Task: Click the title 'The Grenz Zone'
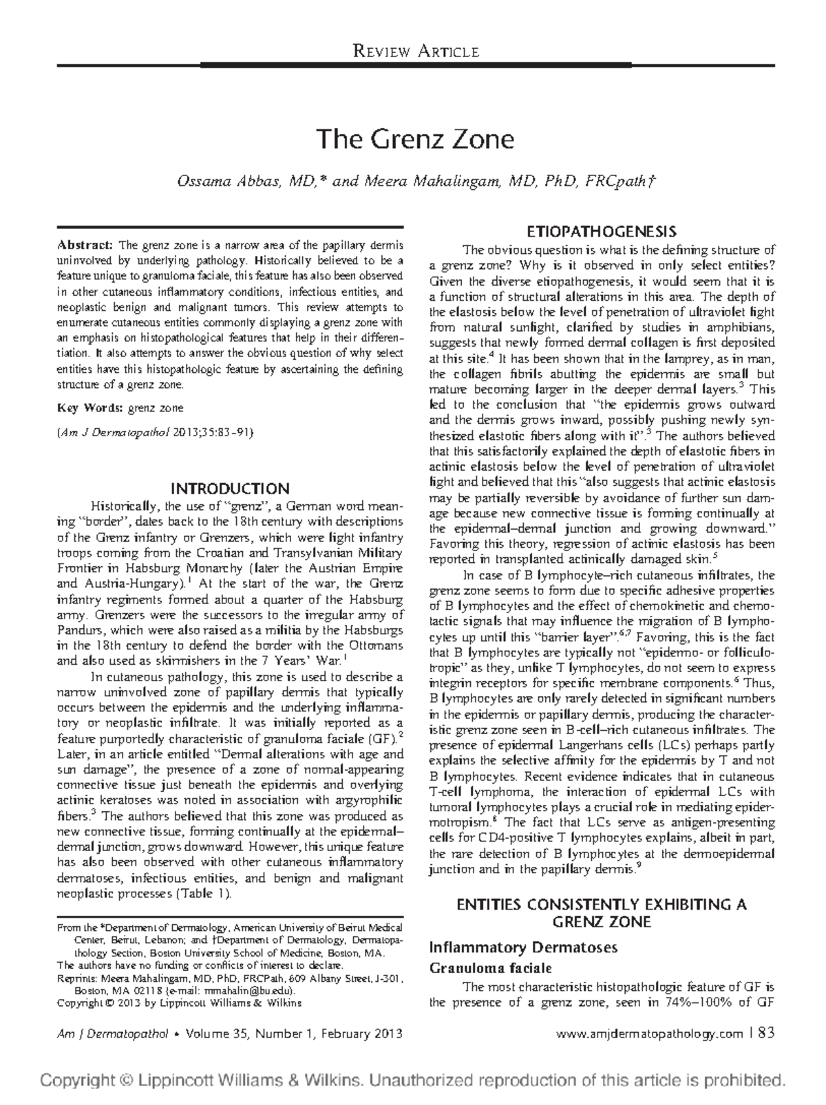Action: pos(415,140)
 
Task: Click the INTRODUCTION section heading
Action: pos(230,489)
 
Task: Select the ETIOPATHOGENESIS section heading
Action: pos(602,230)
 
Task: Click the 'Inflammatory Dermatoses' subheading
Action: pos(523,947)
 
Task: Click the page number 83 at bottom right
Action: pos(765,1033)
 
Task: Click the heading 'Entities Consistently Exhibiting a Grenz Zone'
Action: pos(602,912)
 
